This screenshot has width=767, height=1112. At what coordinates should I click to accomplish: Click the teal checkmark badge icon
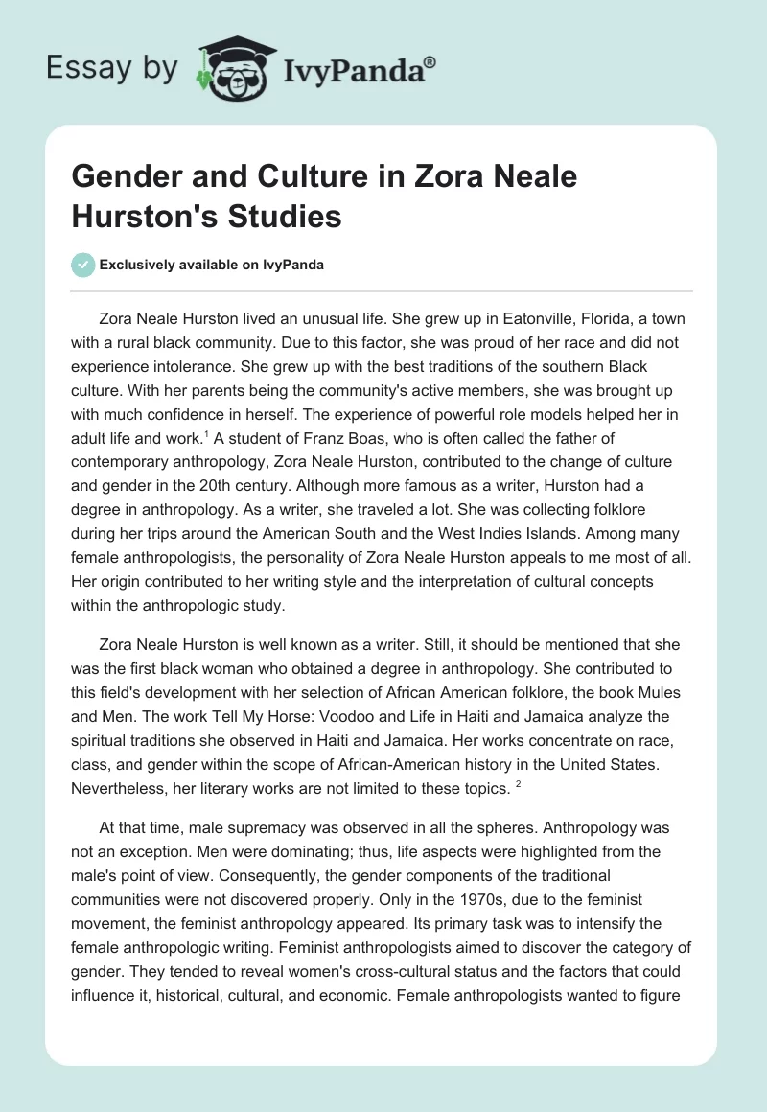point(83,266)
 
